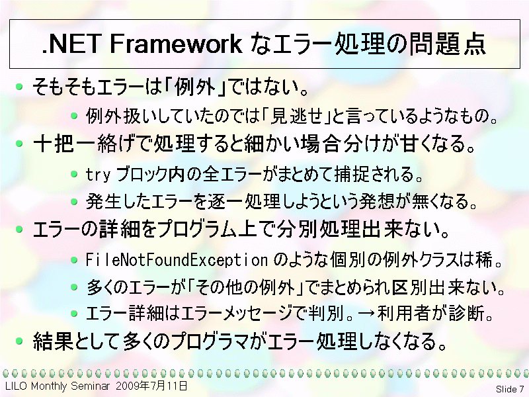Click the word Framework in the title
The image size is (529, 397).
coord(176,44)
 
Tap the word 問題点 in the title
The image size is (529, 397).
coord(448,44)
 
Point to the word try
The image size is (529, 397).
coord(98,175)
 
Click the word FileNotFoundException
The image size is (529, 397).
coord(177,260)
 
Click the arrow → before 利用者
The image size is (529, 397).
coord(366,313)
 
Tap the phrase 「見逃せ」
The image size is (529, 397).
coord(296,116)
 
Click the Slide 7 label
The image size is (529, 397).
coord(510,389)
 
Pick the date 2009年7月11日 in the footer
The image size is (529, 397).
coord(151,386)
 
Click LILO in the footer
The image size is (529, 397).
coord(16,386)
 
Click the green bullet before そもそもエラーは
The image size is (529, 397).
coord(20,87)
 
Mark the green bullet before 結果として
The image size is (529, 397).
coord(20,341)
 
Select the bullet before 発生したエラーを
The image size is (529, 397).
coord(74,202)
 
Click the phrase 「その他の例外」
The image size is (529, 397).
coord(246,288)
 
